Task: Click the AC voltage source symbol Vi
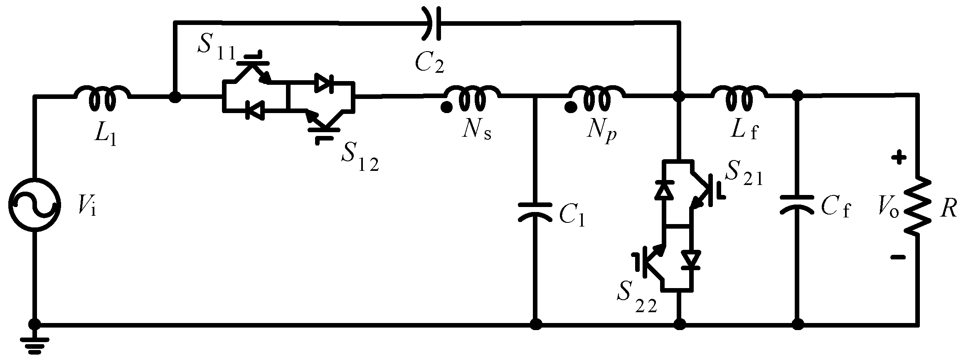[35, 205]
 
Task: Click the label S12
[360, 160]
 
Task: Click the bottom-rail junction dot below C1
[537, 323]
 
